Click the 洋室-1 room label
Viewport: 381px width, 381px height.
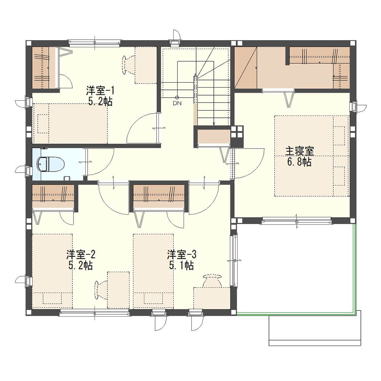click(100, 91)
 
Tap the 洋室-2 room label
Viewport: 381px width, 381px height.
click(81, 255)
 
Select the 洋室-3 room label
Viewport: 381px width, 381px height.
click(181, 255)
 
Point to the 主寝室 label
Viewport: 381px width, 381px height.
click(299, 151)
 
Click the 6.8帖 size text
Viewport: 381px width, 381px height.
click(299, 162)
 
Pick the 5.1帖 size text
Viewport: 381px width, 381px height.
click(181, 266)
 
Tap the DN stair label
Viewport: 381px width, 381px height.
click(177, 103)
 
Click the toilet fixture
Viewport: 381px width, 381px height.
click(50, 164)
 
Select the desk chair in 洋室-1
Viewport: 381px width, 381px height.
click(128, 64)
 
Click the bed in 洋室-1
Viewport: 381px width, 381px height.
click(70, 124)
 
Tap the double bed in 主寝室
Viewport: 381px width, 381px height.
click(312, 156)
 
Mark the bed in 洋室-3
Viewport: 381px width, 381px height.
click(153, 271)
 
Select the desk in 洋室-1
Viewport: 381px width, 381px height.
click(146, 65)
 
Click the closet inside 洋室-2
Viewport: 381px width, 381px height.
click(53, 197)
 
